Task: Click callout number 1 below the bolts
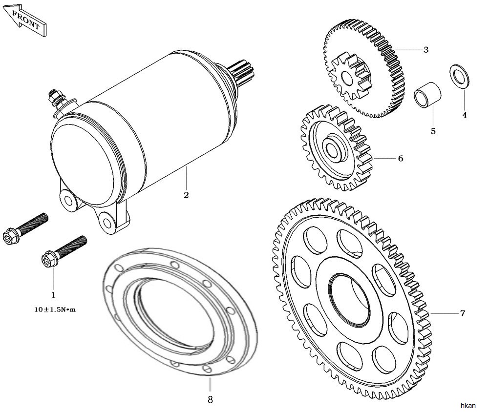point(53,294)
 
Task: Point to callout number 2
point(186,195)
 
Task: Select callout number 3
point(425,50)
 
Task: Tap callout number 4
point(465,115)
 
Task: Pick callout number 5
point(433,131)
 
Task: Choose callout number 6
point(401,158)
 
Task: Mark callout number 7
point(463,313)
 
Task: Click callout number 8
point(210,399)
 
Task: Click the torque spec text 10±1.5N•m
point(55,310)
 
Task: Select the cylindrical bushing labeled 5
point(428,94)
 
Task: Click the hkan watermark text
point(468,406)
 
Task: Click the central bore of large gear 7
point(350,301)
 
